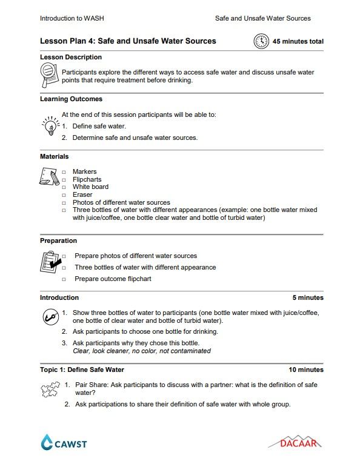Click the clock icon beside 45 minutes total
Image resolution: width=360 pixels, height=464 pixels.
click(261, 41)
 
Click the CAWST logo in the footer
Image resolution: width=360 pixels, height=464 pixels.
click(64, 443)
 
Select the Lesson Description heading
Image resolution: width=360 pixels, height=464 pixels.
click(70, 58)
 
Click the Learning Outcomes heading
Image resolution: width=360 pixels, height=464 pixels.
click(71, 99)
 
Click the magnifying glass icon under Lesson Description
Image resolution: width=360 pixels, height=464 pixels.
click(49, 77)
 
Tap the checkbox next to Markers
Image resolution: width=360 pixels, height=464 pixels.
click(64, 172)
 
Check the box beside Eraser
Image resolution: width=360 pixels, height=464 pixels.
click(64, 195)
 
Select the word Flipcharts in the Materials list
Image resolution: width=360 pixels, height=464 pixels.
click(87, 179)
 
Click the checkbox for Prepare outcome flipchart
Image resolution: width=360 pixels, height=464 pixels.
click(64, 279)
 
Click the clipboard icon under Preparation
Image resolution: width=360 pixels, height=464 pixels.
click(49, 262)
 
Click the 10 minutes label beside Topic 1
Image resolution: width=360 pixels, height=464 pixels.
click(305, 370)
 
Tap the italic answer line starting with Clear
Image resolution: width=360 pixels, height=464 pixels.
click(141, 351)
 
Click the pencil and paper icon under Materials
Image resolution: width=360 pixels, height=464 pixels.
click(49, 176)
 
